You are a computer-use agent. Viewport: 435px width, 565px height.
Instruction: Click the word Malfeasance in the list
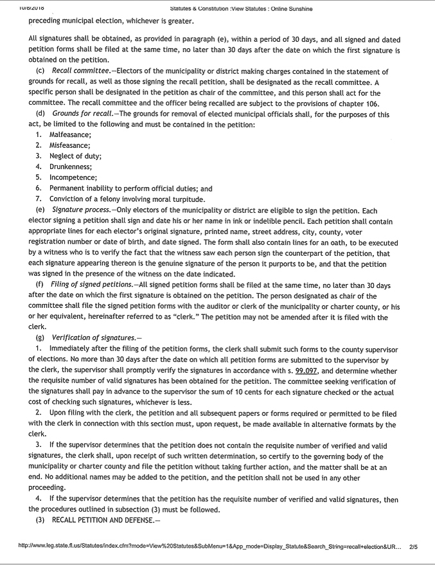pos(70,134)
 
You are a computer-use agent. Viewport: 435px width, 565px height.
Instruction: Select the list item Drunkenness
pos(71,166)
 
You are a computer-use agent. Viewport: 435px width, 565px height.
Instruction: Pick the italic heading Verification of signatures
pos(91,338)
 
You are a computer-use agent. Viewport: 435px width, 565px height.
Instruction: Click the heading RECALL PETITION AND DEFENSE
pos(107,519)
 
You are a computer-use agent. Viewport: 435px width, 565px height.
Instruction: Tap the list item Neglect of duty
pos(75,156)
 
